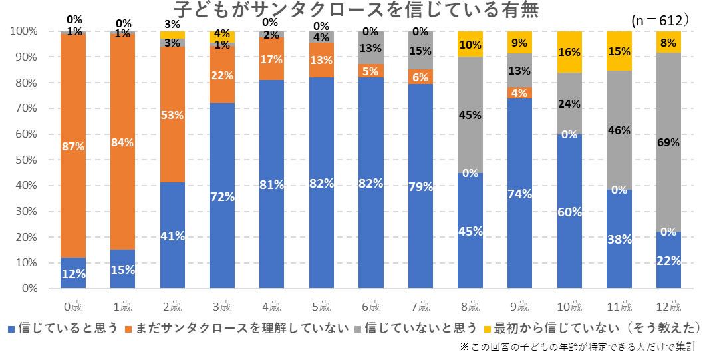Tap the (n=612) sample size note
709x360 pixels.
tap(659, 21)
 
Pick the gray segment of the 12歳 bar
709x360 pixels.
tap(668, 143)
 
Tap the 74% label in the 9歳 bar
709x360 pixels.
tap(519, 194)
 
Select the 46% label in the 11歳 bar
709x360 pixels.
tap(619, 130)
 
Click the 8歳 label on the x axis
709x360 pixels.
tap(470, 307)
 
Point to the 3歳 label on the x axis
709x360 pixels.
tap(221, 307)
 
